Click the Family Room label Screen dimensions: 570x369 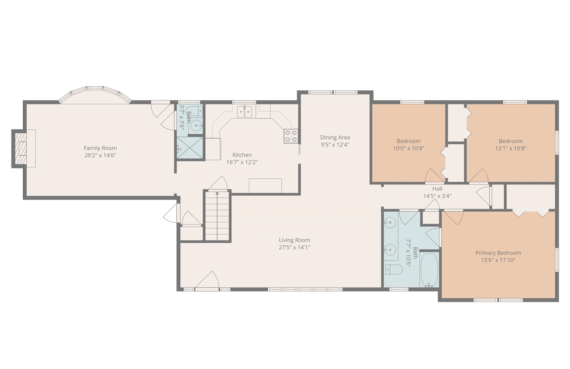100,148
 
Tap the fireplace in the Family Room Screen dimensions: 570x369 21,148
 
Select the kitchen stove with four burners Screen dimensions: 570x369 291,136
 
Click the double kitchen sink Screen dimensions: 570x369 244,112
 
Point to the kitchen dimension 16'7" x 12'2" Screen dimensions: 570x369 242,162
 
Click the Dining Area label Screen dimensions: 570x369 335,137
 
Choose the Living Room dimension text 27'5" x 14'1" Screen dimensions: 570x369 294,247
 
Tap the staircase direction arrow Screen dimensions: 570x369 217,194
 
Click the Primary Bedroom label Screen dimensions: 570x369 498,253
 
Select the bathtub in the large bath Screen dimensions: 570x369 429,270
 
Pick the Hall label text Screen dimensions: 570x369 437,189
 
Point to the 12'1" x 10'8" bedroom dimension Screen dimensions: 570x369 511,148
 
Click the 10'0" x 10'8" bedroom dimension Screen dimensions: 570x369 409,148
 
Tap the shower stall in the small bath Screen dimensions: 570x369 190,148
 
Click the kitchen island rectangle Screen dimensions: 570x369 265,186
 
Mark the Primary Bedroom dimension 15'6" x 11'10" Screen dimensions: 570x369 498,260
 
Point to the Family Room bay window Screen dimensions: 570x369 95,94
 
